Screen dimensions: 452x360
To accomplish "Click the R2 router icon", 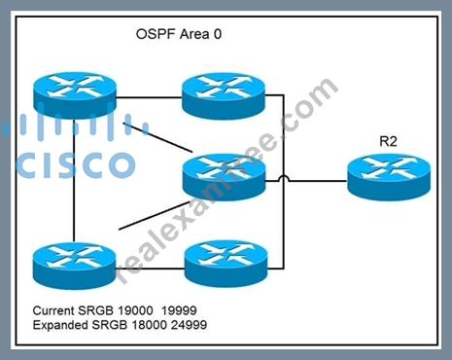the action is [x=389, y=177].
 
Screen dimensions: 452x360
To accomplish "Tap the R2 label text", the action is [x=388, y=141].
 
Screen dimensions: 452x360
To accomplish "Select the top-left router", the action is [x=75, y=95].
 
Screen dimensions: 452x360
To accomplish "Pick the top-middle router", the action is [x=224, y=95].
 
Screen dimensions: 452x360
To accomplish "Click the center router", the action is [x=225, y=177].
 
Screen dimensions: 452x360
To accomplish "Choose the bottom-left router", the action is [x=75, y=266].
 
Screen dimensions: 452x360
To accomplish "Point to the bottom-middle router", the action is [x=226, y=264].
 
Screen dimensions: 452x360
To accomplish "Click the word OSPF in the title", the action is [x=156, y=34].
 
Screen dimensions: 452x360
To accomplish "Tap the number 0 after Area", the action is [x=218, y=34].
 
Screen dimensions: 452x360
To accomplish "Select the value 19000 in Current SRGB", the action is [x=135, y=310].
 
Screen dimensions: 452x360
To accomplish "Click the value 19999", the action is [x=179, y=310].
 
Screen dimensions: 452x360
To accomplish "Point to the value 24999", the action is [x=190, y=325].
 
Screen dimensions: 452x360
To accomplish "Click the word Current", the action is [x=53, y=310].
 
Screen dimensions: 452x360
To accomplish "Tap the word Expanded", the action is [x=60, y=325].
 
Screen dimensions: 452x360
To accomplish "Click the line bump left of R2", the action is [x=284, y=177].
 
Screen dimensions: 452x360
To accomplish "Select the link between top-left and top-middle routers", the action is [x=149, y=97].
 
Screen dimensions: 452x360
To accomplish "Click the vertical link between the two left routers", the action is [x=74, y=181].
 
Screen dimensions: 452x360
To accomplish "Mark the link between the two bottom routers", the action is [x=150, y=269].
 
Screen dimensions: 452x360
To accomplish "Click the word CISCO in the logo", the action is [x=76, y=164].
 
